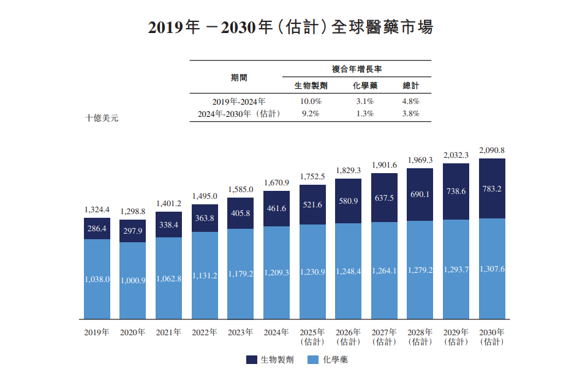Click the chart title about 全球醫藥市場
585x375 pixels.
click(x=292, y=28)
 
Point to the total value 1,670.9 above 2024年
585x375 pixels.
click(x=276, y=183)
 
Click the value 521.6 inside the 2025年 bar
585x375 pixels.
click(x=312, y=204)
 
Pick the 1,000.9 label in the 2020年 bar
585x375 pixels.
click(x=132, y=280)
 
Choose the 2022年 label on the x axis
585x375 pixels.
click(x=205, y=333)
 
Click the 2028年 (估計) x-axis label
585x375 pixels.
click(x=420, y=337)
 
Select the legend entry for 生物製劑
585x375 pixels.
click(x=270, y=360)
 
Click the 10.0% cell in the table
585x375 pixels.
click(x=308, y=102)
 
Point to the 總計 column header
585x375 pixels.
click(x=410, y=86)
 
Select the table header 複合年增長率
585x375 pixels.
click(x=357, y=69)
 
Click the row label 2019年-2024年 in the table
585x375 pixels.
click(x=239, y=102)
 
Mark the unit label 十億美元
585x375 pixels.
click(x=102, y=118)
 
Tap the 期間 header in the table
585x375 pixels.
click(x=239, y=78)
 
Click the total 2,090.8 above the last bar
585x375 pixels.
click(x=492, y=150)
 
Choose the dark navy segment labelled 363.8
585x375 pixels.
click(x=205, y=219)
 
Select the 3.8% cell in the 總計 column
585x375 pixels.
click(x=410, y=114)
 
